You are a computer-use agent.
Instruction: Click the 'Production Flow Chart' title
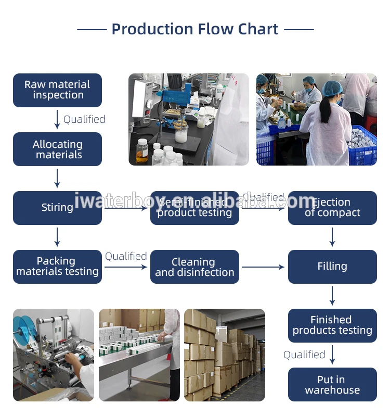click(x=195, y=29)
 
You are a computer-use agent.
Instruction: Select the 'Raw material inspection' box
click(x=57, y=90)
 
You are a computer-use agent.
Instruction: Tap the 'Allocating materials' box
click(x=57, y=149)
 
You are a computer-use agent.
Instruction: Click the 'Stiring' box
click(x=57, y=208)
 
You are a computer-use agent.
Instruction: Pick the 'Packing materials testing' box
click(x=57, y=267)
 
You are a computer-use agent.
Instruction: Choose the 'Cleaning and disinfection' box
click(x=194, y=267)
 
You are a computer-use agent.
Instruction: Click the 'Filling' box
click(x=332, y=267)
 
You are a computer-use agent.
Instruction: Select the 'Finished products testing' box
click(x=332, y=325)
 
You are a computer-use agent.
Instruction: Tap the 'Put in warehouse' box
click(x=332, y=385)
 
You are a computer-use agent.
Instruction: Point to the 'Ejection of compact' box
click(x=332, y=208)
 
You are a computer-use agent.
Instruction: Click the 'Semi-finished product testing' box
click(x=194, y=208)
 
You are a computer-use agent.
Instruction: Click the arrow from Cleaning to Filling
click(x=263, y=267)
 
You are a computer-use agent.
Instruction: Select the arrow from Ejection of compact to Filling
click(x=332, y=237)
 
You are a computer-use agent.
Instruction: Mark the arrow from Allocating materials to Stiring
click(x=57, y=178)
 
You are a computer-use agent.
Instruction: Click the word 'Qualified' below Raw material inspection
click(x=84, y=120)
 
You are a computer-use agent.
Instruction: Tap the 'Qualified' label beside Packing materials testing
click(x=126, y=256)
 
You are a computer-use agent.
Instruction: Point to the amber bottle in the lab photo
click(x=142, y=152)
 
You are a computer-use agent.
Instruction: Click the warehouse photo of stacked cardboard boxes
click(x=225, y=355)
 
